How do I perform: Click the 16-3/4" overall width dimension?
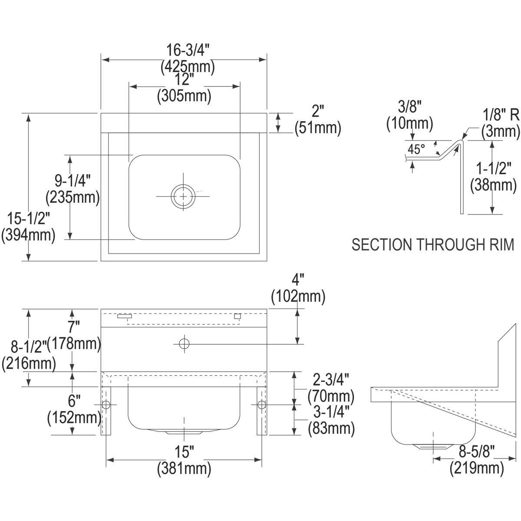pyautogui.click(x=188, y=58)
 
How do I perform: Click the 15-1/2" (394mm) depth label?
pyautogui.click(x=28, y=227)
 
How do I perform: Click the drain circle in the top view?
pyautogui.click(x=183, y=197)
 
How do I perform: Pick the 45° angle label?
pyautogui.click(x=416, y=149)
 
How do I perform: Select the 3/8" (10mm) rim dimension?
pyautogui.click(x=409, y=115)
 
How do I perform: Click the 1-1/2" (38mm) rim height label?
pyautogui.click(x=493, y=177)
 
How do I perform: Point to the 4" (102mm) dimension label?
pyautogui.click(x=298, y=288)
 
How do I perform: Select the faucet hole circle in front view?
pyautogui.click(x=185, y=343)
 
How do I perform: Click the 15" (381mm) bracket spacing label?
pyautogui.click(x=184, y=460)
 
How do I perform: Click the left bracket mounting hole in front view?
pyautogui.click(x=106, y=405)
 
